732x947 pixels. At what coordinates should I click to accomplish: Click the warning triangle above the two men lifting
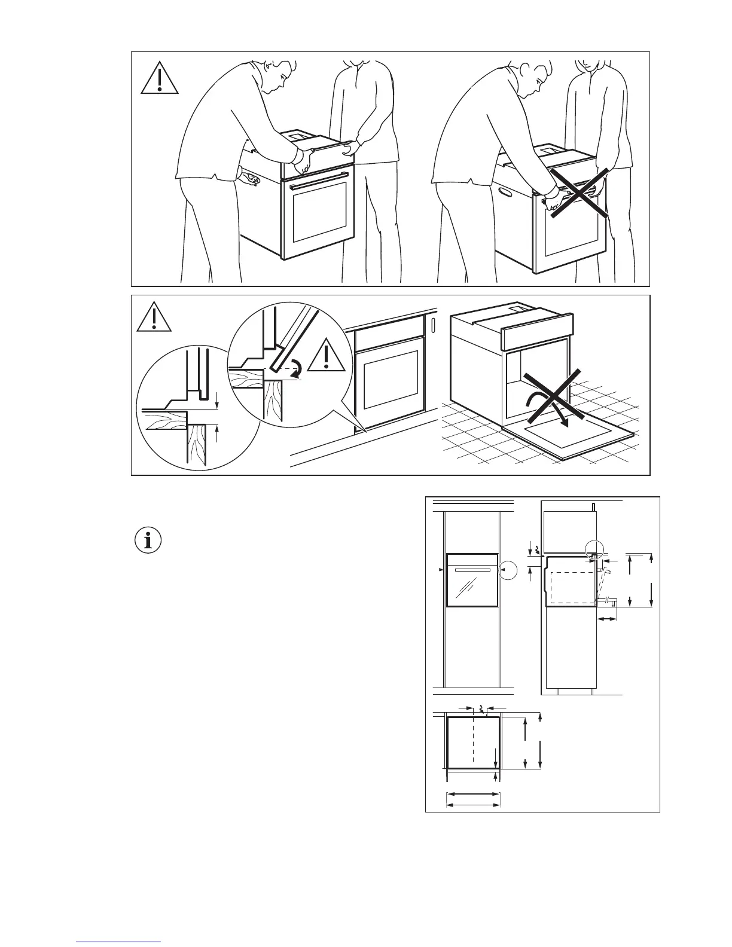point(160,80)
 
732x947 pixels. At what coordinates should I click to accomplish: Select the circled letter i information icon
point(148,540)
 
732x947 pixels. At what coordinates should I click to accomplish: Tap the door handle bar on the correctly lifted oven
point(319,180)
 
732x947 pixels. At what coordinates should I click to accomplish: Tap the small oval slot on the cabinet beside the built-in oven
point(432,325)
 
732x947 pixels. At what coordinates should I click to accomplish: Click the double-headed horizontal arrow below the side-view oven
point(608,620)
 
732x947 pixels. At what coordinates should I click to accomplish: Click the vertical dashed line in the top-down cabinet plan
point(473,741)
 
